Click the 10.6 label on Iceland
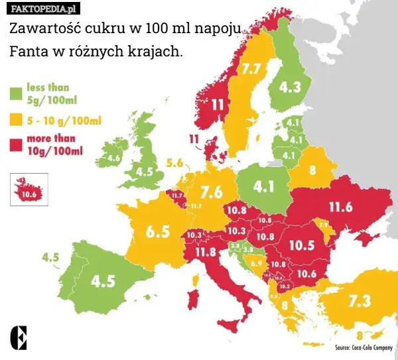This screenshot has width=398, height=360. click(x=28, y=195)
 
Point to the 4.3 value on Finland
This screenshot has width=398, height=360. click(x=289, y=87)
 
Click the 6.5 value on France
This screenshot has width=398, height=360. click(x=158, y=231)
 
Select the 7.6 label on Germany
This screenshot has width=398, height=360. click(x=211, y=192)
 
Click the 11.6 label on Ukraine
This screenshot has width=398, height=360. click(x=340, y=207)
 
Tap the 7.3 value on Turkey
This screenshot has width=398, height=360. click(x=359, y=301)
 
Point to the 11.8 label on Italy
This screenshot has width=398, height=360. click(x=205, y=252)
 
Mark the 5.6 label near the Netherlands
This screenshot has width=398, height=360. click(x=174, y=162)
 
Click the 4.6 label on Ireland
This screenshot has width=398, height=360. click(x=113, y=159)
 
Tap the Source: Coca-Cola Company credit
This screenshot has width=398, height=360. click(x=363, y=347)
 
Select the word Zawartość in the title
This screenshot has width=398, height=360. click(x=41, y=30)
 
